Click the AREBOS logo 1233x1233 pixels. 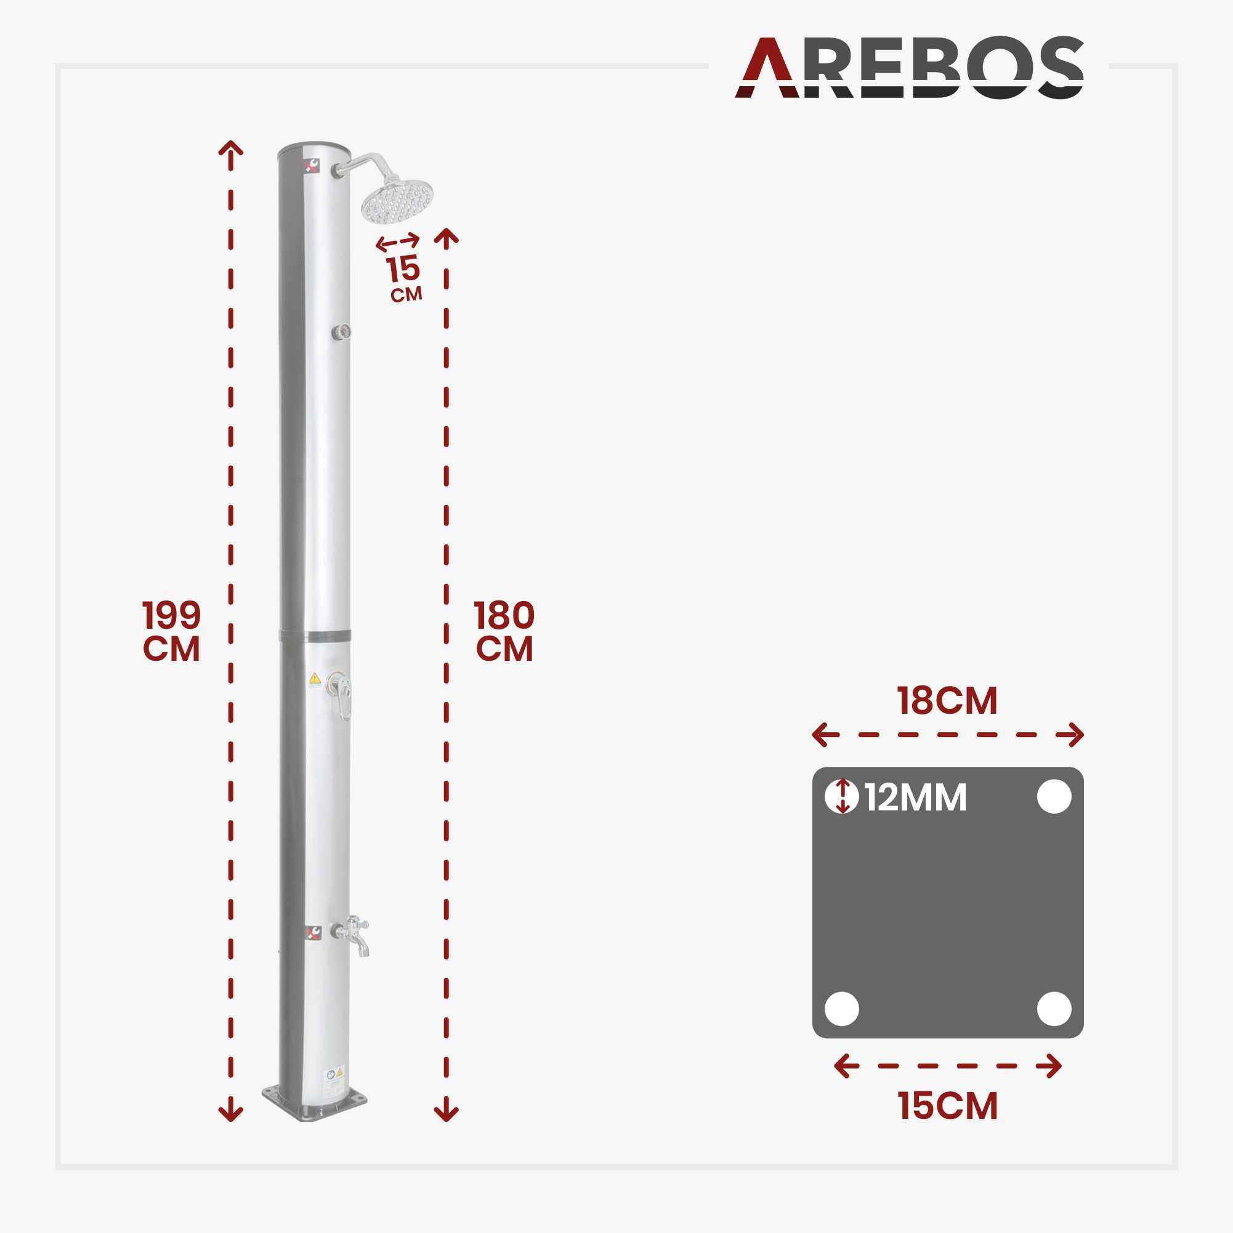[x=909, y=68]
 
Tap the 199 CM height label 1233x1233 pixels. [x=171, y=631]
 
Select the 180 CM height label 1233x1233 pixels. [x=504, y=631]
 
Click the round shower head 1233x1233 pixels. [x=397, y=201]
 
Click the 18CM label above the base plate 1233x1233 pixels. [x=947, y=701]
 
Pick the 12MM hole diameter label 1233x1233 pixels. [x=916, y=798]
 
